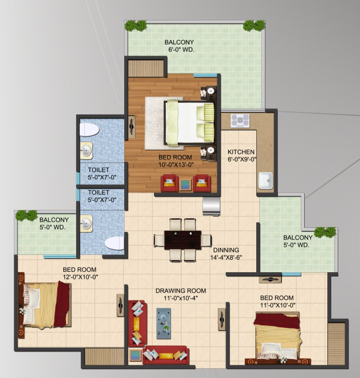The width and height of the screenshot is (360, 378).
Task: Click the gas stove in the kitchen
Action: coord(240,120)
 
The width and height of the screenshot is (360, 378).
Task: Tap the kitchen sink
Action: coord(265,180)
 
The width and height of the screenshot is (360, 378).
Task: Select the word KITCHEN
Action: coord(241,152)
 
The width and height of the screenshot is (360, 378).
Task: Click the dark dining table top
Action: coord(183,240)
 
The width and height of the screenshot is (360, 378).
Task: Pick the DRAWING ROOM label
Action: coord(181,291)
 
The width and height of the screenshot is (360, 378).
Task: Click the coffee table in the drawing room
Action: coord(164,322)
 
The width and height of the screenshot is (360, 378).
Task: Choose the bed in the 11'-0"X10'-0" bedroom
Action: coord(277,337)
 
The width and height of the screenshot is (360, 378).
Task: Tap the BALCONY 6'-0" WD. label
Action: coord(179,46)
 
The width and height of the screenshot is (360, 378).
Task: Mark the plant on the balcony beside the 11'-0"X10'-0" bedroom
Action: coord(325,232)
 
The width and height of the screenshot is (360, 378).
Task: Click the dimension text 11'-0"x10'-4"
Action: coord(181,298)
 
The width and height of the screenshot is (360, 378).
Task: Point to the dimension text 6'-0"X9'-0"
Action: coord(241,159)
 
